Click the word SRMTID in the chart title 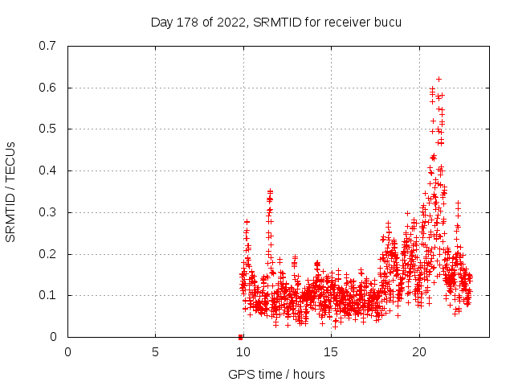(x=275, y=23)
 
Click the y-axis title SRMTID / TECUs (x=11, y=191)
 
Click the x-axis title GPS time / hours (x=276, y=374)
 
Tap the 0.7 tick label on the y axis (x=48, y=46)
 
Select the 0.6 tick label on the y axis (x=48, y=88)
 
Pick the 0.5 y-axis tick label (x=48, y=129)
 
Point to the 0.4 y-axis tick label (x=48, y=170)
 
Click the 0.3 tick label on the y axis (x=48, y=212)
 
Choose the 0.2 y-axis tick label (x=48, y=254)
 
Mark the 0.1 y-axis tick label (x=48, y=295)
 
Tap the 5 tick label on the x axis (x=155, y=351)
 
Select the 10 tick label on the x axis (x=243, y=351)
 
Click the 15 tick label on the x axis (x=331, y=351)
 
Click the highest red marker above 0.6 (x=439, y=79)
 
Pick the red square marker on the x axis (x=240, y=337)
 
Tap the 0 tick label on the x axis (x=67, y=351)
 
